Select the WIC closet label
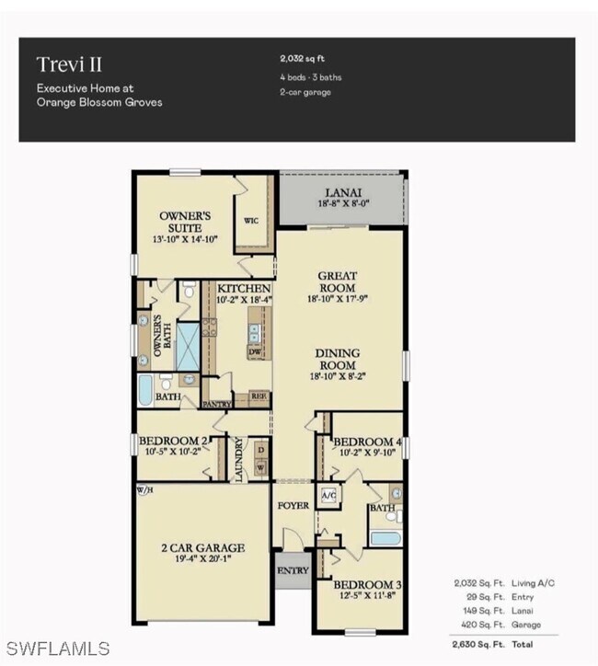coord(251,222)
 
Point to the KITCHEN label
coord(238,289)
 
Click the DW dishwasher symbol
coord(256,352)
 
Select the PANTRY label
coord(216,404)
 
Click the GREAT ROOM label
coord(338,281)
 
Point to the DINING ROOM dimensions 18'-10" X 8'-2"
coord(338,375)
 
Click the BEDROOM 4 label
coord(366,442)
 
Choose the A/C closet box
coord(328,495)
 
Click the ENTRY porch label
coord(293,571)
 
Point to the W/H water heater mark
coord(144,489)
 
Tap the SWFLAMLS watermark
coord(57,648)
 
